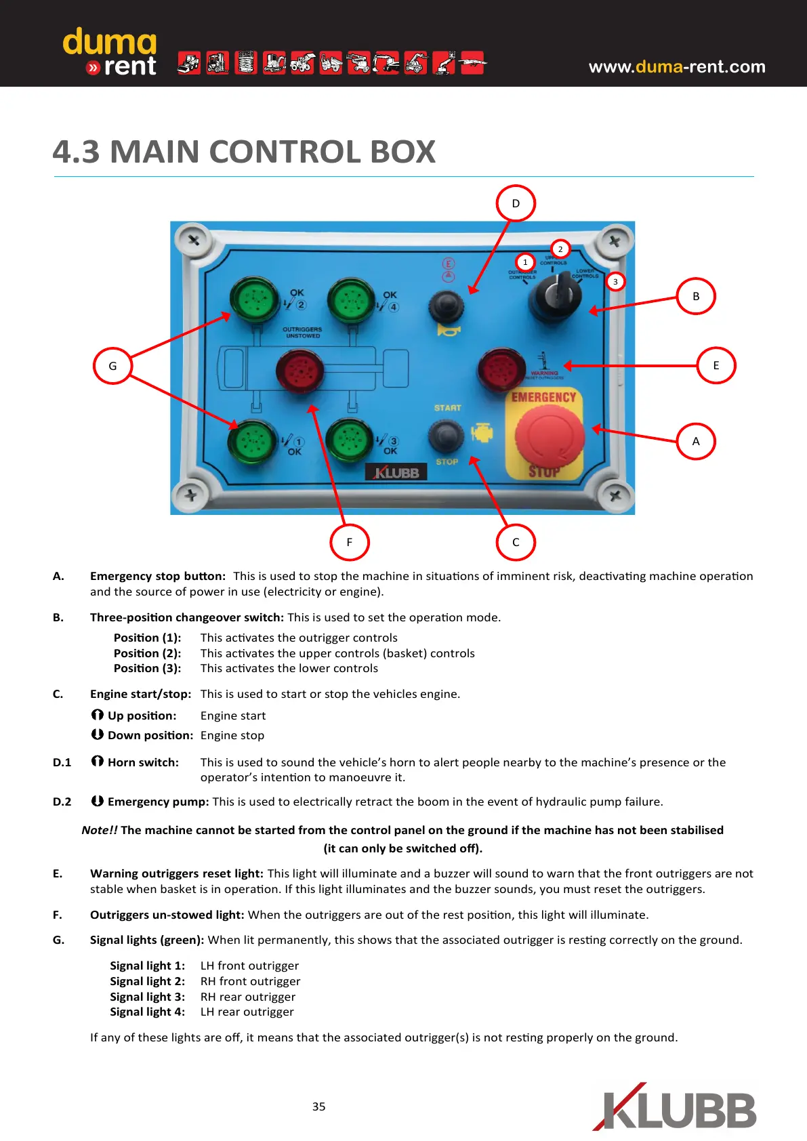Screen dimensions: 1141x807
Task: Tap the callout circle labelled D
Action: [516, 203]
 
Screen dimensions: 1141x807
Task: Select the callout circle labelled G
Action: [112, 365]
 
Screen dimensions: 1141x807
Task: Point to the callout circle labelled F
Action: [349, 542]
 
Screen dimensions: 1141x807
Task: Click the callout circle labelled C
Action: [516, 542]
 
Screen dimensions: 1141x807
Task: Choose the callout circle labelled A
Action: [696, 441]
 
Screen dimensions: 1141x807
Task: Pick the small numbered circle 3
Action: [615, 281]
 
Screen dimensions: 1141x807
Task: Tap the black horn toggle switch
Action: [447, 306]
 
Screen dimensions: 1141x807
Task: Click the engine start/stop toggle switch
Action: [447, 434]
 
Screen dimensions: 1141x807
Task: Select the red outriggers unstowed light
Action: [299, 371]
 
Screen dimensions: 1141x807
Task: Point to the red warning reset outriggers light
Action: [501, 369]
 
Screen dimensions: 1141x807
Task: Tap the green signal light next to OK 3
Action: [350, 439]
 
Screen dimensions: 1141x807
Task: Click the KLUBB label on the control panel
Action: [396, 472]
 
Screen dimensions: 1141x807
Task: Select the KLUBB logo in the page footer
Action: [674, 1108]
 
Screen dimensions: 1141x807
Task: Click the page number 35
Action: [318, 1106]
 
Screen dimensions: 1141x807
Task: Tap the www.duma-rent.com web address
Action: [677, 66]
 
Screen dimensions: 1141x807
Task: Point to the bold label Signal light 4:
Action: [147, 1012]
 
